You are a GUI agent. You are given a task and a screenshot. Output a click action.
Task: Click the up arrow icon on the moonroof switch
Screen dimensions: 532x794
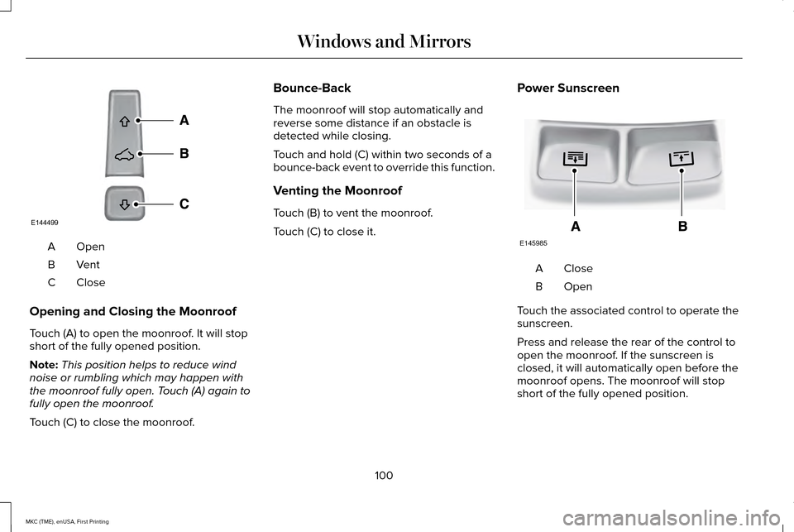[x=124, y=122]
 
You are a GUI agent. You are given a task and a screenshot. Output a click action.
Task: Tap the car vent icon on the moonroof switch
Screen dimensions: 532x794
[x=124, y=154]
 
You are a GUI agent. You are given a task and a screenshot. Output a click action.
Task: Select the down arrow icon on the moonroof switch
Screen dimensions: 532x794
[x=124, y=204]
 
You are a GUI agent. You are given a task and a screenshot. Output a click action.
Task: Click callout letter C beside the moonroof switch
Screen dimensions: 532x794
[x=184, y=203]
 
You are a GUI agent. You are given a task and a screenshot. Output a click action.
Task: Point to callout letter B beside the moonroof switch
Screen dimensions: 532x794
[x=184, y=153]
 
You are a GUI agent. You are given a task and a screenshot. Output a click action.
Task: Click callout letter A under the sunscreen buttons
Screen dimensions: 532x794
[x=575, y=225]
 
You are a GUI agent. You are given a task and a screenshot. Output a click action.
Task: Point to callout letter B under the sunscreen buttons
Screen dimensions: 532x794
[x=682, y=225]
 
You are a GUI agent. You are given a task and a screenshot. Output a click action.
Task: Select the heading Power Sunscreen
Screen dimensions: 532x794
[x=567, y=88]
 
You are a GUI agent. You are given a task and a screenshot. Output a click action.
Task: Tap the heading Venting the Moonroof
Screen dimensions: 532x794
[x=332, y=190]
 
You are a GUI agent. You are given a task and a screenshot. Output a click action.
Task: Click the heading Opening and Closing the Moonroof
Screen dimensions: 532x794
[x=132, y=311]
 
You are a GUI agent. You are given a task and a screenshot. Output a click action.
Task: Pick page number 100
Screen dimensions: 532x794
[x=383, y=475]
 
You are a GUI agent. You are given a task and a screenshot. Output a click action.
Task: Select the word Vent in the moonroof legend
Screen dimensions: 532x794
[x=88, y=265]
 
